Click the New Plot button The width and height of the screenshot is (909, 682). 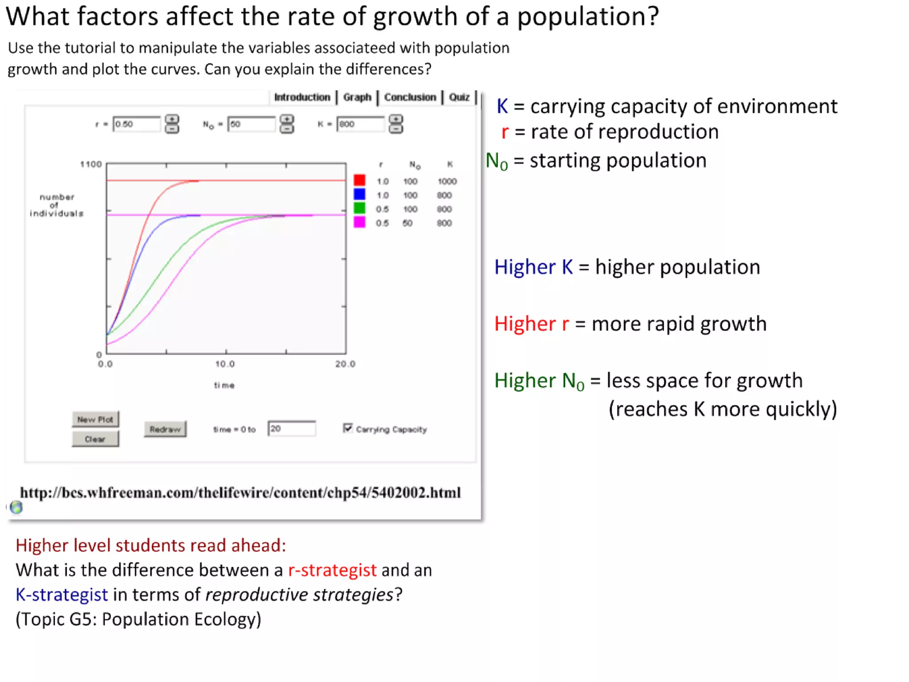pos(95,419)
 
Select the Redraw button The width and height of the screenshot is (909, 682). pos(165,429)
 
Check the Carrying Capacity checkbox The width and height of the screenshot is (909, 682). pos(348,428)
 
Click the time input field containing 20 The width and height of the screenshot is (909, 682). pos(292,429)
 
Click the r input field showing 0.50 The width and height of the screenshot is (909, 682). pos(136,124)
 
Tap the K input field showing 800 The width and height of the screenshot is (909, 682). pos(360,124)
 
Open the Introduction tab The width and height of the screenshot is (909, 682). pos(302,97)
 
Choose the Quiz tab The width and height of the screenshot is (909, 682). pos(459,97)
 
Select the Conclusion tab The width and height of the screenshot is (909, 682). pos(410,97)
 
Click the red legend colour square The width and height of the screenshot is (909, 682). pos(359,180)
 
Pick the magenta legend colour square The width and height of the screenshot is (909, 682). pos(359,222)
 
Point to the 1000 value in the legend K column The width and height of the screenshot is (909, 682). pos(447,181)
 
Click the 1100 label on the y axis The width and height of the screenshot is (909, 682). pos(91,164)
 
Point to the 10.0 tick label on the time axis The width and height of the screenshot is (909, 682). pos(225,364)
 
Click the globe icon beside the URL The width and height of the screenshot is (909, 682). pos(16,507)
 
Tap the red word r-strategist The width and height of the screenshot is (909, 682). pos(332,570)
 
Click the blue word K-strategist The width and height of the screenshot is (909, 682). pos(62,595)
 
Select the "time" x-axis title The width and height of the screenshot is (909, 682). pos(224,385)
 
